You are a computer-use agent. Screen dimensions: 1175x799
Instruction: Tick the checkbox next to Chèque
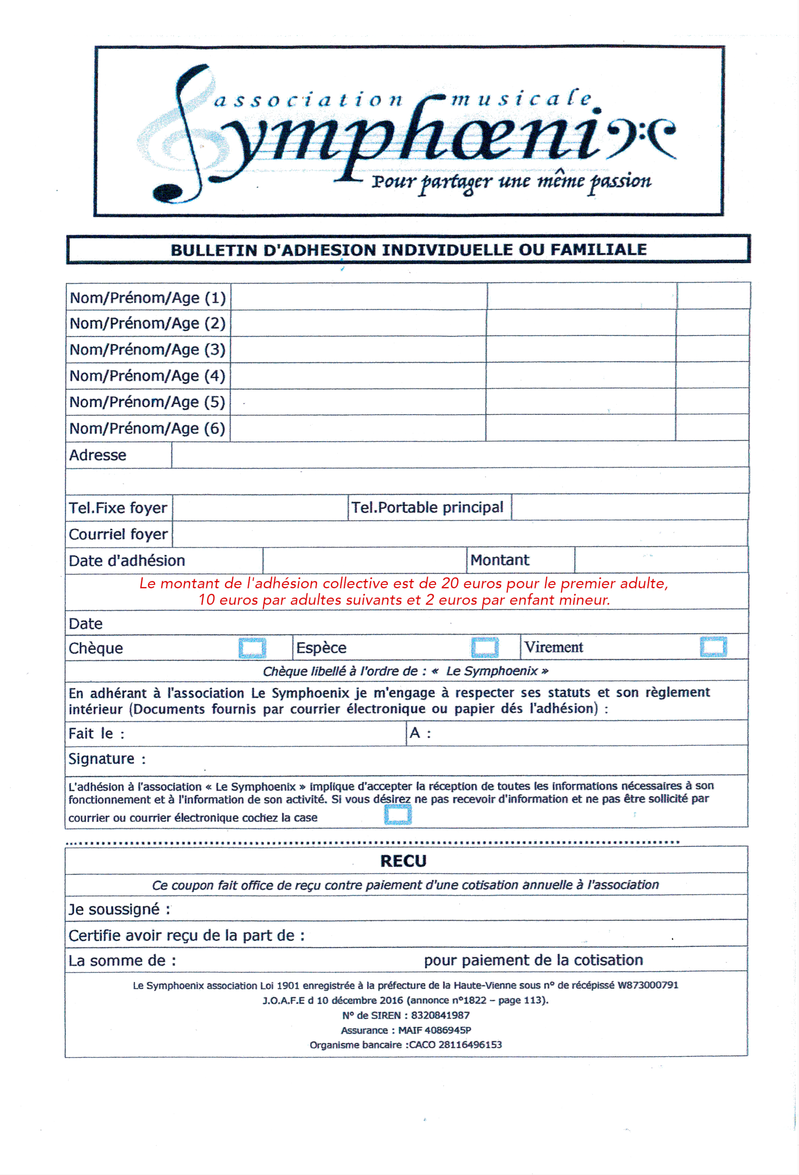point(252,648)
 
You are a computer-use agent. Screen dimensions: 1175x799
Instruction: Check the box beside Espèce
point(484,647)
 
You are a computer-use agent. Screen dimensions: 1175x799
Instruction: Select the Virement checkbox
point(713,647)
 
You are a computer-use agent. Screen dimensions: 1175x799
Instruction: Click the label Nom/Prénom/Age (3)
point(147,349)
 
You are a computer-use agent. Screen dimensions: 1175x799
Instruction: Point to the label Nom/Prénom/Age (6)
point(147,428)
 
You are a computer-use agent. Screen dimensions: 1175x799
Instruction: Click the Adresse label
point(98,455)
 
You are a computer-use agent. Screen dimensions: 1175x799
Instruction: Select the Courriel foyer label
point(118,534)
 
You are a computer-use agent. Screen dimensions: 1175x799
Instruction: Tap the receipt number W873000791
point(647,985)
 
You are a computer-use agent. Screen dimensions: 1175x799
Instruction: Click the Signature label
point(102,759)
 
